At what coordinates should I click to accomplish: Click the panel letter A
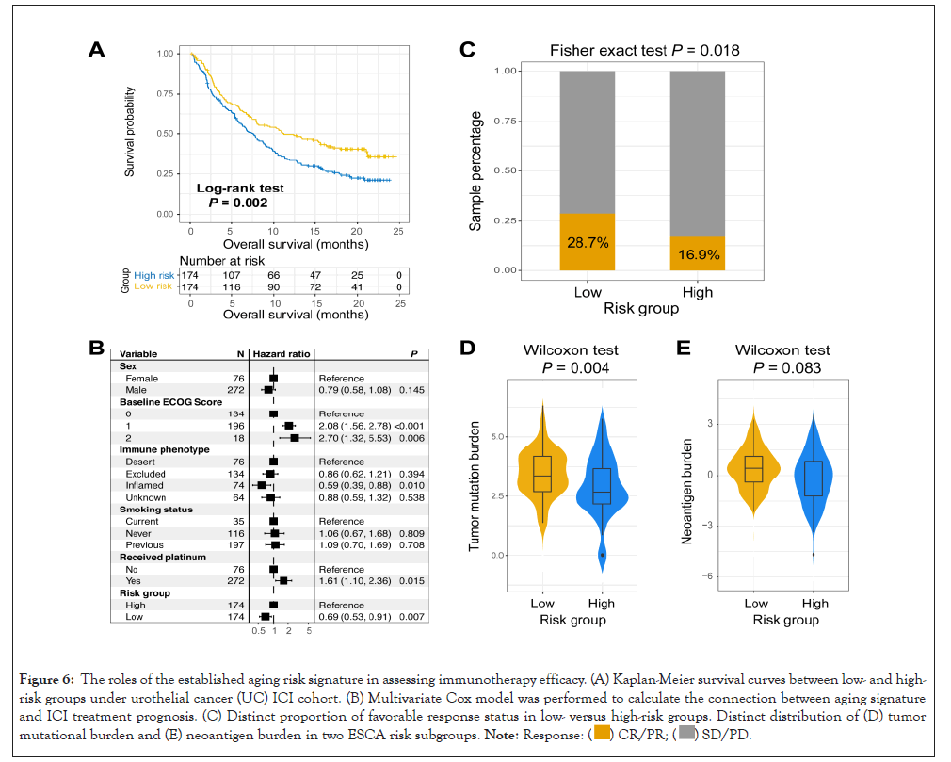pyautogui.click(x=96, y=50)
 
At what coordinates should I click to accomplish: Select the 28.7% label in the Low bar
pyautogui.click(x=588, y=243)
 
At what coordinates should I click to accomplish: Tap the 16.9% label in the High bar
pyautogui.click(x=697, y=254)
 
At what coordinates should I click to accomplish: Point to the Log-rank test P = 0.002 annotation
pyautogui.click(x=239, y=195)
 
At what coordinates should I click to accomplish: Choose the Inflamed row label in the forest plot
pyautogui.click(x=145, y=485)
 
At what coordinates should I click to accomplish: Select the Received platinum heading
pyautogui.click(x=156, y=557)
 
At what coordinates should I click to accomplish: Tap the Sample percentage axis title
pyautogui.click(x=476, y=170)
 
